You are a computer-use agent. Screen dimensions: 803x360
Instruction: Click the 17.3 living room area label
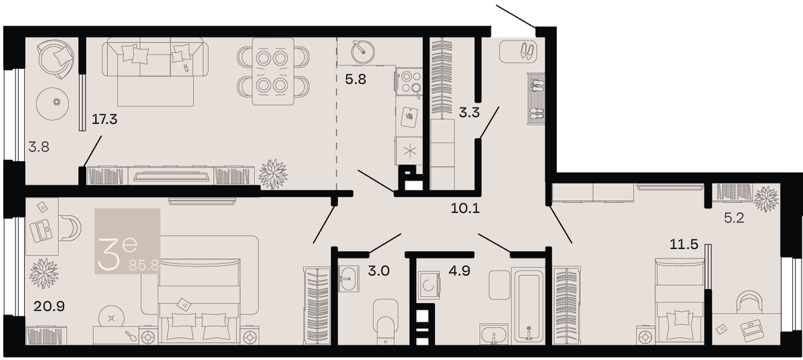(104, 119)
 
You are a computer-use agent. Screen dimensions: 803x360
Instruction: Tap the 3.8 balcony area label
(39, 147)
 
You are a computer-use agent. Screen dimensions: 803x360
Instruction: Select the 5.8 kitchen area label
(355, 79)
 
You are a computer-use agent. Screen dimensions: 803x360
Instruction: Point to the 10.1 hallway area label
(465, 208)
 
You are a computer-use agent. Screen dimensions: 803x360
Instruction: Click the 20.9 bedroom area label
(49, 306)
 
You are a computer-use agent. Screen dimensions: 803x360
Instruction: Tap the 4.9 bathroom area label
(459, 271)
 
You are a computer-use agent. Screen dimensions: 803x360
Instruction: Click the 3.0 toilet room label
(379, 271)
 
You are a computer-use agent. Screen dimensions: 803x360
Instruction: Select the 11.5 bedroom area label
(684, 244)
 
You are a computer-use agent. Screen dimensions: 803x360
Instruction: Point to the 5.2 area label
(734, 217)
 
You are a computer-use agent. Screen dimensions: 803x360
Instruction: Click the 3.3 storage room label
(469, 112)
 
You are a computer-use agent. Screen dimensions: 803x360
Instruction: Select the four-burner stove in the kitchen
(409, 82)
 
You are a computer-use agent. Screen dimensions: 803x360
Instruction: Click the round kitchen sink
(363, 52)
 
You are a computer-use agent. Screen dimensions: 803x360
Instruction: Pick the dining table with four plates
(273, 72)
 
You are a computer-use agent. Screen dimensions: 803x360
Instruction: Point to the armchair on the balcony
(56, 58)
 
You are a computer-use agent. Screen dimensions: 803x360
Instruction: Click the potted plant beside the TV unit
(273, 174)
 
